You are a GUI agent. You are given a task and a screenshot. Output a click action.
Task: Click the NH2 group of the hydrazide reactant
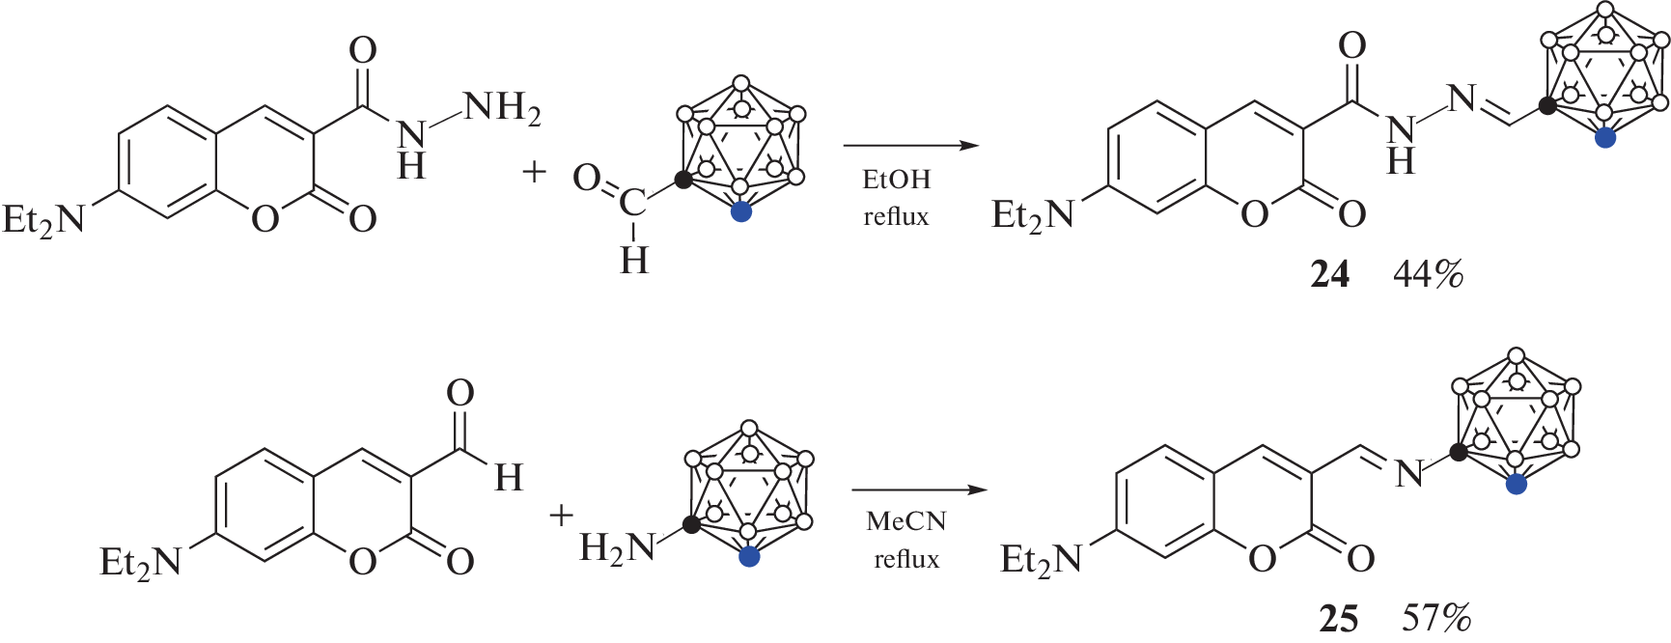tap(501, 108)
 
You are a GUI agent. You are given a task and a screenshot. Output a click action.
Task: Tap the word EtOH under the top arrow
tap(896, 180)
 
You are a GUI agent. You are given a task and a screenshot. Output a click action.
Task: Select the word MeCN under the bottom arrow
tap(905, 521)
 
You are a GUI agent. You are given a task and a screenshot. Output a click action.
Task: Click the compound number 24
tap(1329, 275)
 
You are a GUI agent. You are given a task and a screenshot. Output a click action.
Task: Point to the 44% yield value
tap(1428, 275)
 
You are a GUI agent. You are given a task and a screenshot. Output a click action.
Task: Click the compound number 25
tap(1338, 618)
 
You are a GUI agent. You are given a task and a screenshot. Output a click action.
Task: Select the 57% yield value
tap(1436, 618)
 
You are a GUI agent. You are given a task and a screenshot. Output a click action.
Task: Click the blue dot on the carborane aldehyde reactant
tap(740, 212)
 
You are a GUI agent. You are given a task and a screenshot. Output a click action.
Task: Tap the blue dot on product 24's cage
tap(1604, 138)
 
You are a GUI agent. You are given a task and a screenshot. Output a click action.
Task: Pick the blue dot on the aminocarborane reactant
tap(748, 556)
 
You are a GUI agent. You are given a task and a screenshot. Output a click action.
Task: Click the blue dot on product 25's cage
tap(1517, 485)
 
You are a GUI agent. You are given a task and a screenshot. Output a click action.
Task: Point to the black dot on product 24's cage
tap(1547, 106)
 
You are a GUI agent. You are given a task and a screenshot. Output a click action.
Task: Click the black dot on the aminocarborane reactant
tap(691, 525)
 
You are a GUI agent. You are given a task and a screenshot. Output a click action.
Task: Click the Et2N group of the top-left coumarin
tap(44, 220)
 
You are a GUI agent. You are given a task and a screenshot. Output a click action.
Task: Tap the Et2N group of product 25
tap(1041, 560)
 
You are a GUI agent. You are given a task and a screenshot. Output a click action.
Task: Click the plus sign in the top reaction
tap(534, 173)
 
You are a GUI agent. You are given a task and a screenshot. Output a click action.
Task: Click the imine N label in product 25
tap(1409, 474)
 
